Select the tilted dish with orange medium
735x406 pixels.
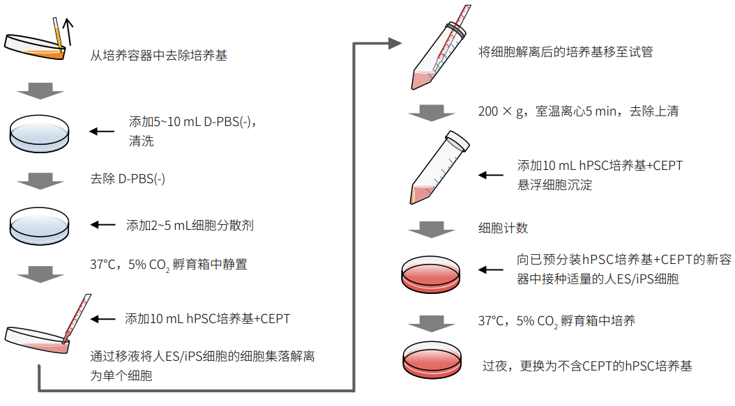[x=35, y=45]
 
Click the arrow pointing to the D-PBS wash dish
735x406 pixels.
[x=103, y=130]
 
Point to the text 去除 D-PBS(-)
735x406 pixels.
[x=128, y=178]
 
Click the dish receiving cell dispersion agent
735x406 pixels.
[x=40, y=225]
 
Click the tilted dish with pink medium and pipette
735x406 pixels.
[x=42, y=338]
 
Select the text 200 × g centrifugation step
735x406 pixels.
[x=578, y=111]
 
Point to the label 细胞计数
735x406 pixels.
[x=503, y=228]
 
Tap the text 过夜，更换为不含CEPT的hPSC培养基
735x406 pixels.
[x=587, y=366]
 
